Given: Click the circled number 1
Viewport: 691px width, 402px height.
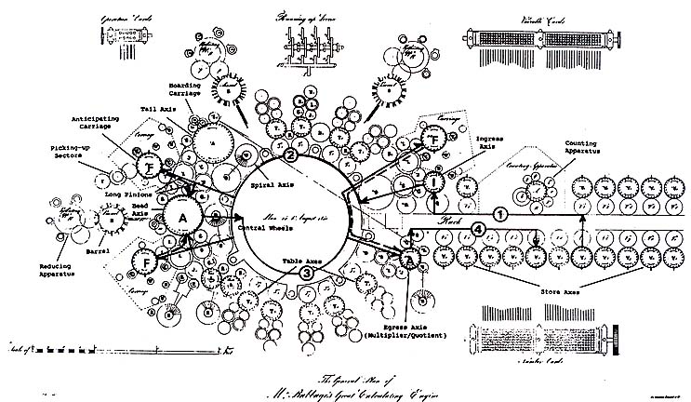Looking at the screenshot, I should click(499, 213).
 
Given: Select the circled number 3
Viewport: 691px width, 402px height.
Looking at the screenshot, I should click(306, 273).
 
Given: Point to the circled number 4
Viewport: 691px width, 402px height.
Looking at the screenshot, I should click(478, 228).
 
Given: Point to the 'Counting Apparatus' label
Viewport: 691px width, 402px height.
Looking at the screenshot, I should click(587, 149).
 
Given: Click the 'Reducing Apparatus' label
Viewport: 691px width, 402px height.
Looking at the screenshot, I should click(59, 270).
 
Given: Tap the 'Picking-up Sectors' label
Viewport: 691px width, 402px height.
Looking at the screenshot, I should click(56, 152).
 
